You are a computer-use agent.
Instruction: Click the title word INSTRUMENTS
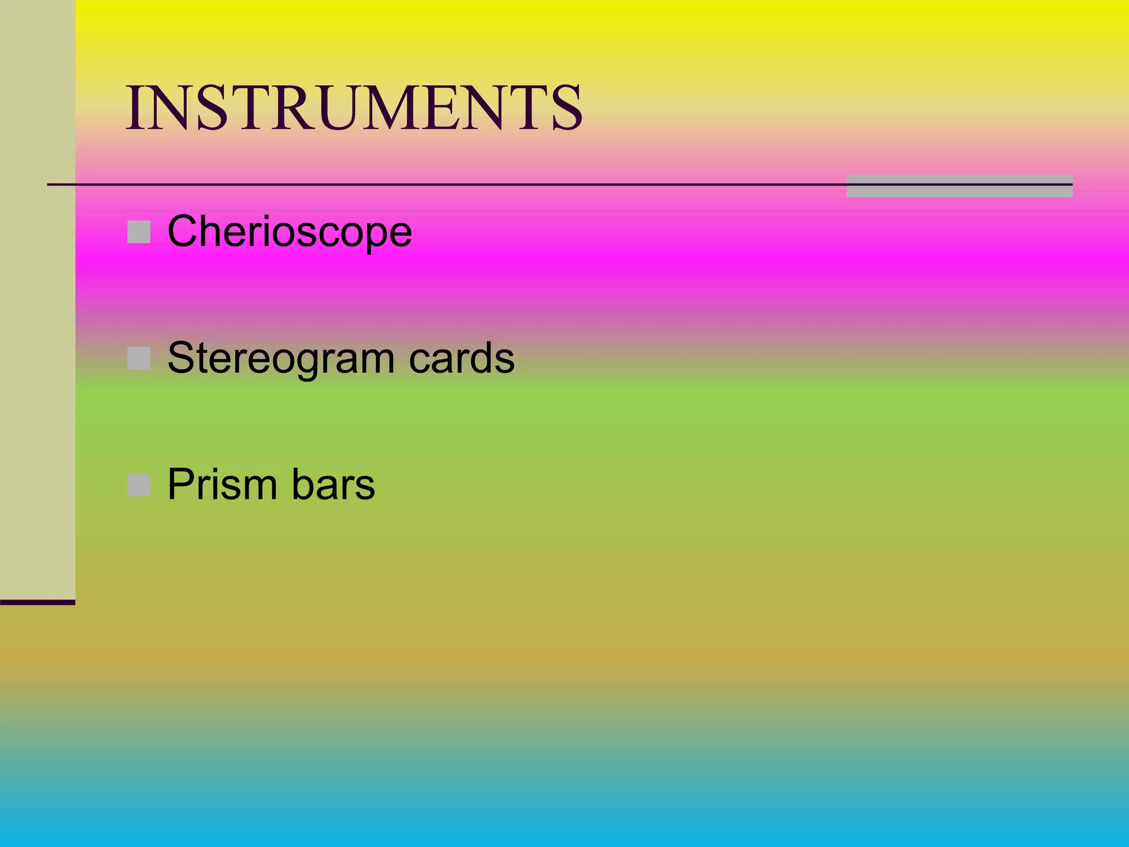[354, 108]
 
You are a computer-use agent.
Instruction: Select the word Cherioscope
[289, 232]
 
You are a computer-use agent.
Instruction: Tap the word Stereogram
[281, 359]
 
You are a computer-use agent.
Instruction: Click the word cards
[461, 358]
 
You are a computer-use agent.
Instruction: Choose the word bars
[333, 485]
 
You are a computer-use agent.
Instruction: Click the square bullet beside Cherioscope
[139, 232]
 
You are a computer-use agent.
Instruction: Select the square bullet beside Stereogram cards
[139, 358]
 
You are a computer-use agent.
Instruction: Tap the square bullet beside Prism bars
[139, 485]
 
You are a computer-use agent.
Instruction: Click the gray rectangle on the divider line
[959, 186]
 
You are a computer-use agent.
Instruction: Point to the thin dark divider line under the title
[441, 184]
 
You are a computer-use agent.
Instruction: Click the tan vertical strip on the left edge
[37, 298]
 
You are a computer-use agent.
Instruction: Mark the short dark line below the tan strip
[37, 602]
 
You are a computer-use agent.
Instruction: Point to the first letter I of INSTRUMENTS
[134, 108]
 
